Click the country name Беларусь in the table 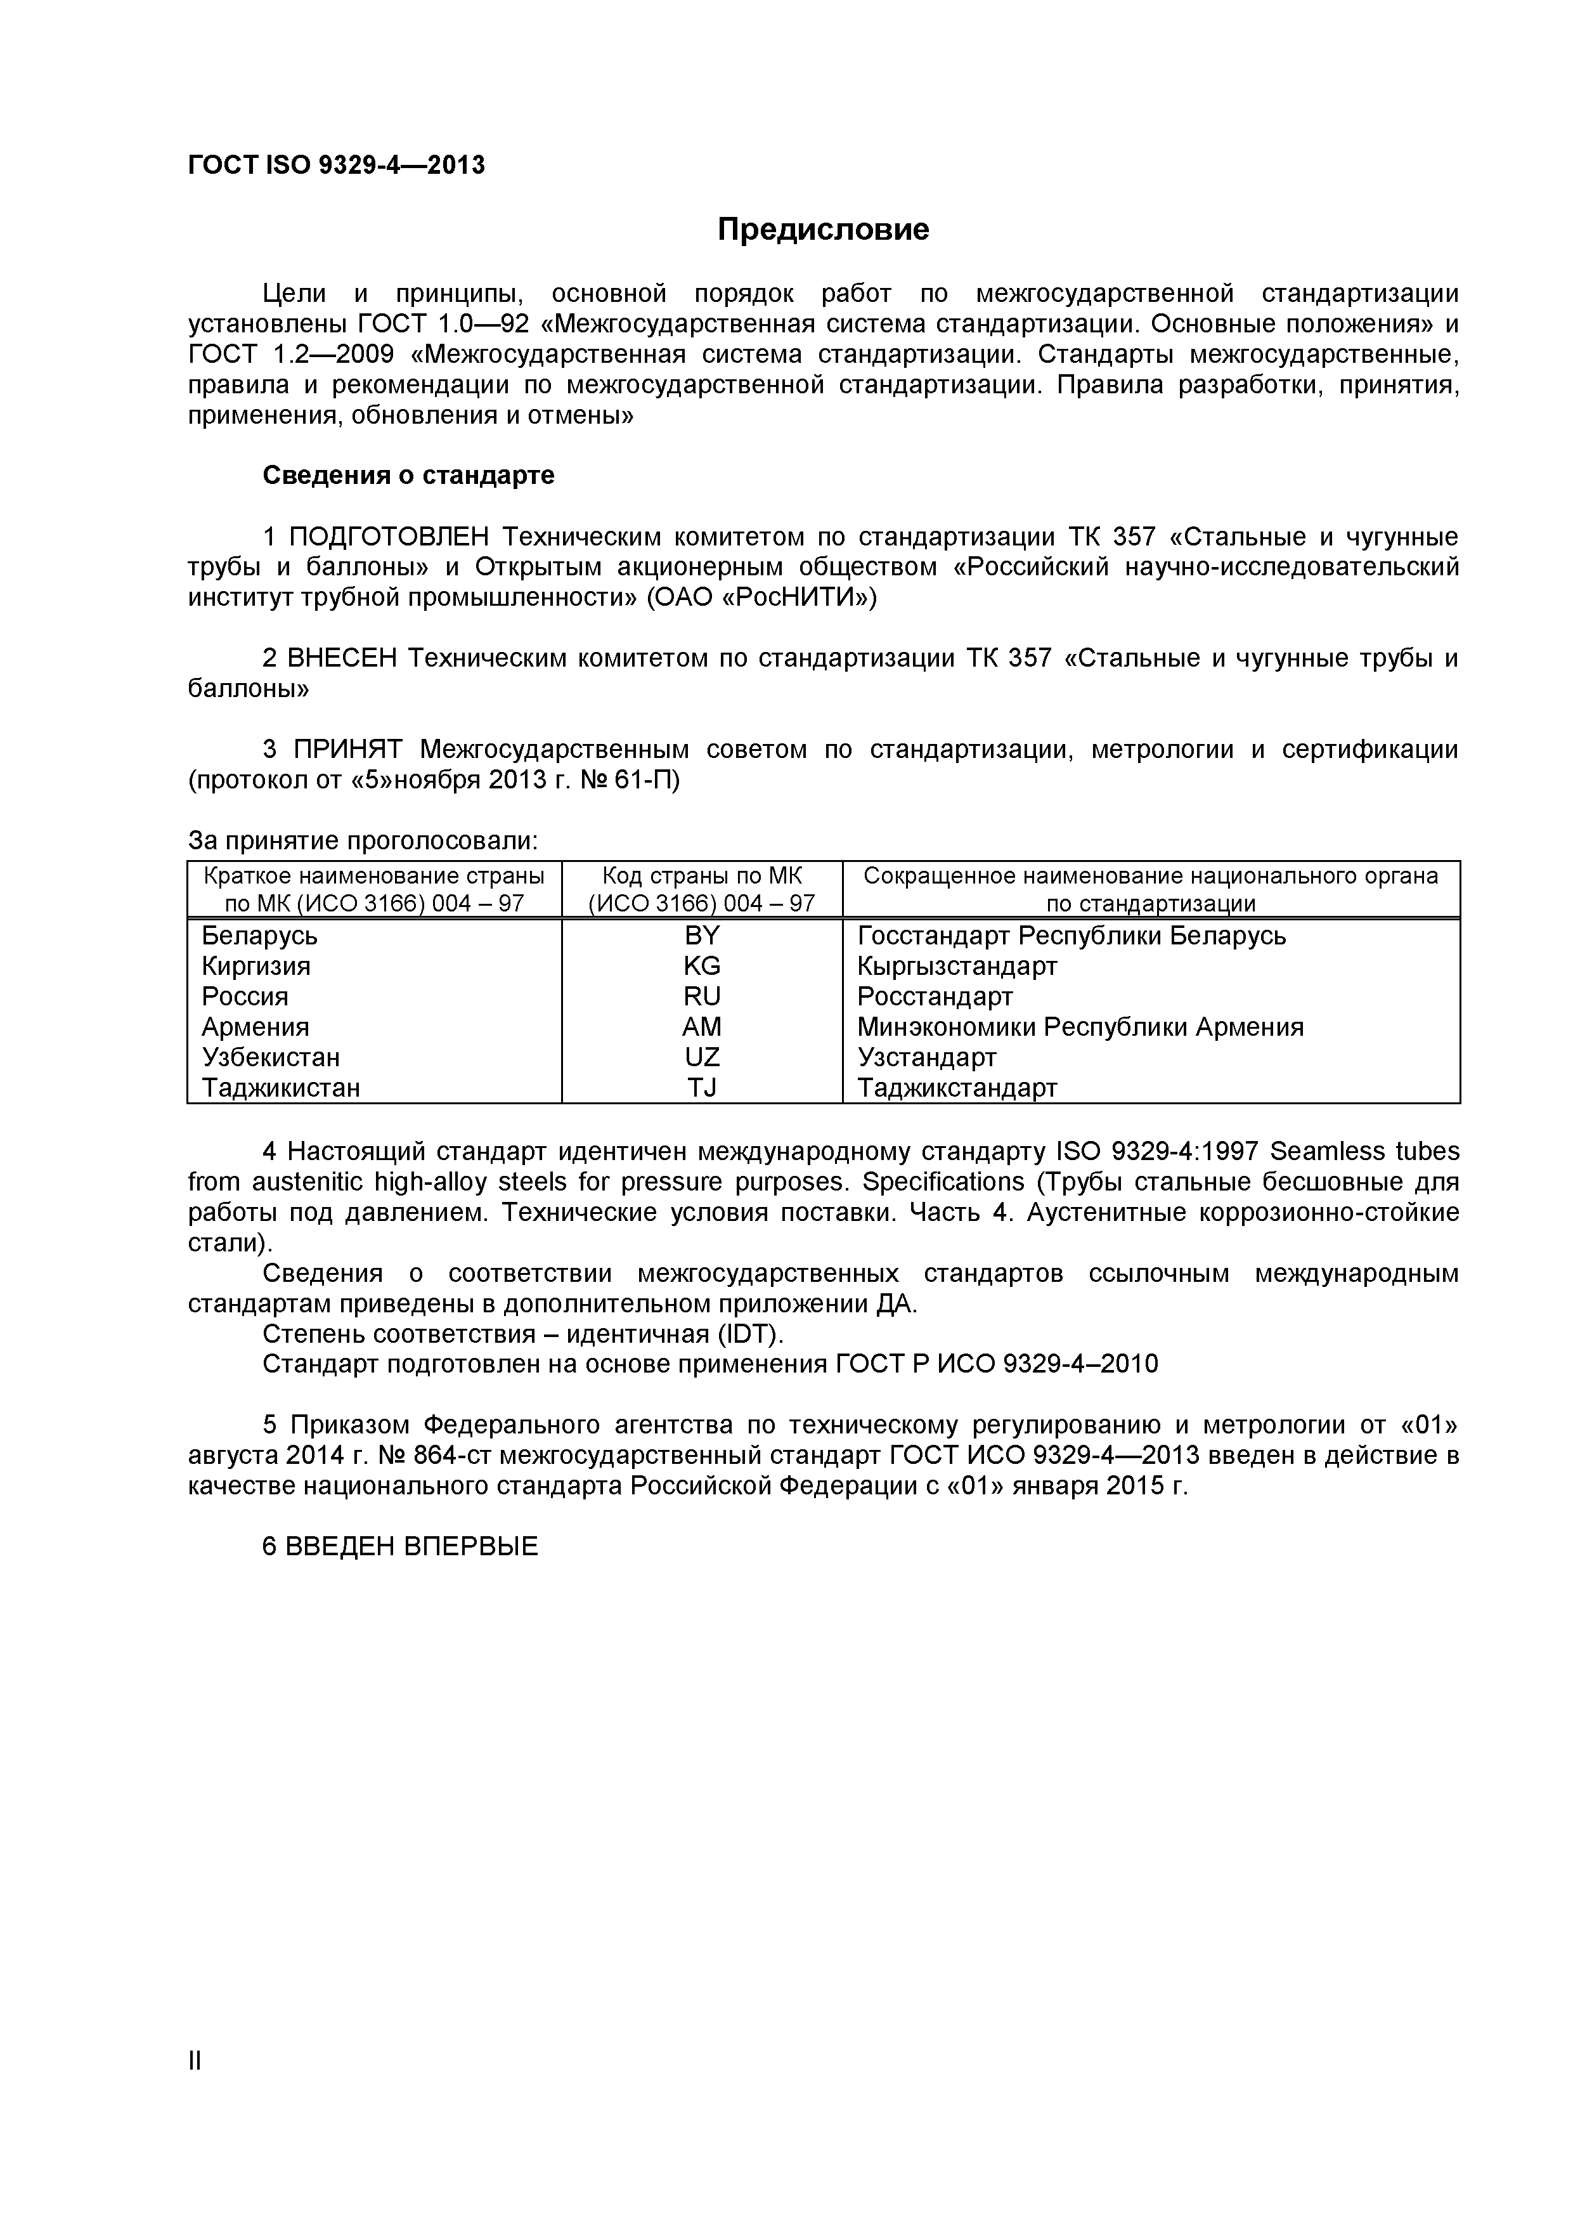pos(259,936)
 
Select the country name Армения pos(256,1028)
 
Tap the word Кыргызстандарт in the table pos(957,966)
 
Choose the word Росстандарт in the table pos(935,997)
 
